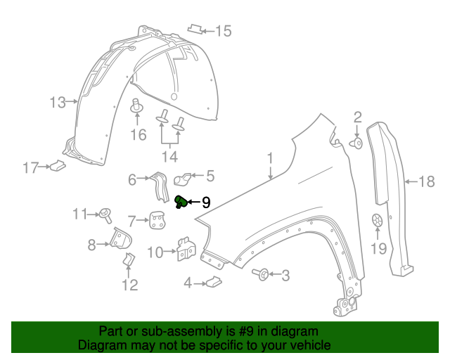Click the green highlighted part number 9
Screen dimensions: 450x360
coord(181,202)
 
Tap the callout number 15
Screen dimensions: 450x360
coord(223,30)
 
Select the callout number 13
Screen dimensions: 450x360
coord(57,103)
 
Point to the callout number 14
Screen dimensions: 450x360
coord(169,155)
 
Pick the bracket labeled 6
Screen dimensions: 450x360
coord(159,187)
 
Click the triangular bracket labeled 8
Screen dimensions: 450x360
coord(122,240)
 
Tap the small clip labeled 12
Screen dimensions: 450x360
coord(128,262)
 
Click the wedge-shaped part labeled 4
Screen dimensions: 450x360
coord(212,283)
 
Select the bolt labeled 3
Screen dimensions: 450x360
coord(263,274)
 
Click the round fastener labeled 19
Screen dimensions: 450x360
coord(378,220)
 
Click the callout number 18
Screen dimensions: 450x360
coord(427,182)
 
